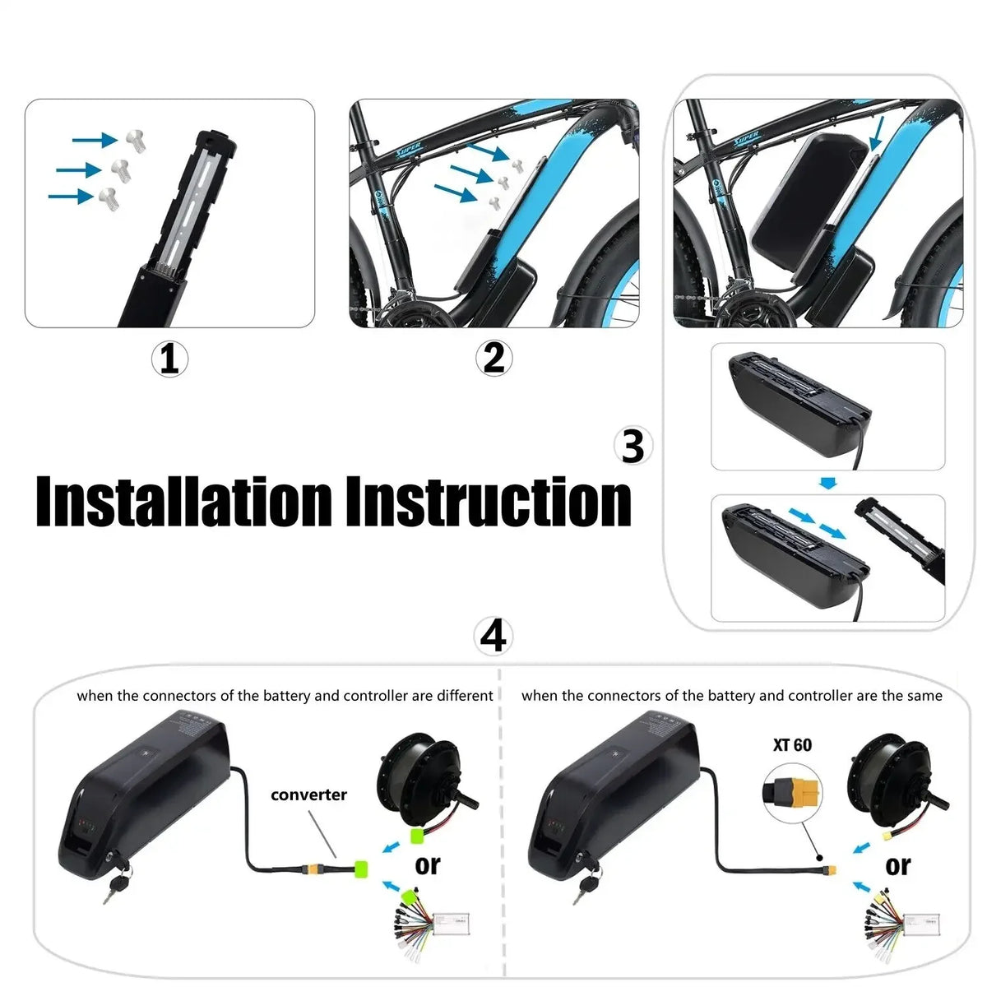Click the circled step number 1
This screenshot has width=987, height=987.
coord(169,359)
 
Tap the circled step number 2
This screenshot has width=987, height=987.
coord(493,359)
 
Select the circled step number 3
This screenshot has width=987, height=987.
coord(633,447)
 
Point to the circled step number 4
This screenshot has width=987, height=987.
coord(493,637)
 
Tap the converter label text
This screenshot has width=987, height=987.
coord(308,795)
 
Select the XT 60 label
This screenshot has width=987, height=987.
coord(792,745)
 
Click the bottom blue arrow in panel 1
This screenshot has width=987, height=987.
coord(71,197)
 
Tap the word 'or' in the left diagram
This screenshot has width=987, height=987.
coord(428,864)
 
